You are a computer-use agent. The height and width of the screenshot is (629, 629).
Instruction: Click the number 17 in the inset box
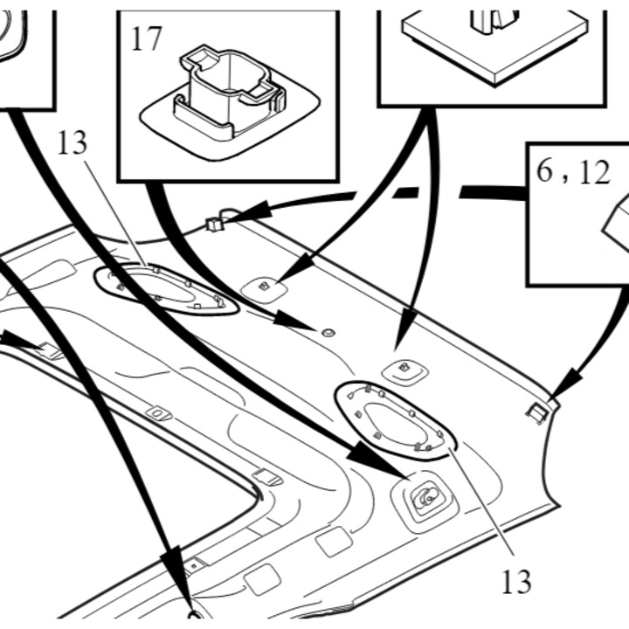click(x=146, y=38)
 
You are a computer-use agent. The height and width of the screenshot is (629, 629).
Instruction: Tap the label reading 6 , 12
click(x=573, y=172)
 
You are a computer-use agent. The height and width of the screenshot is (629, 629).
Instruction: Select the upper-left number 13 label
click(x=73, y=142)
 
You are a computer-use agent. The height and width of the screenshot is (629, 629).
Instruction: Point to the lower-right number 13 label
click(x=516, y=582)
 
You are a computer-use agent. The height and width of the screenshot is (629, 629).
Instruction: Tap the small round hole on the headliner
click(x=328, y=333)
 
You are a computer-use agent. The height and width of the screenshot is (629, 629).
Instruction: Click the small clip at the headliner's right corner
click(x=537, y=413)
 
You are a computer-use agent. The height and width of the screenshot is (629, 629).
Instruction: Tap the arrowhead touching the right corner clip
click(x=564, y=384)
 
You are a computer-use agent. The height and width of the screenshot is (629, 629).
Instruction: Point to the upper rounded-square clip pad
click(x=264, y=289)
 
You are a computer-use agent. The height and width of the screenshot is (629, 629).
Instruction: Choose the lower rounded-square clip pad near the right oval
click(x=404, y=372)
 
